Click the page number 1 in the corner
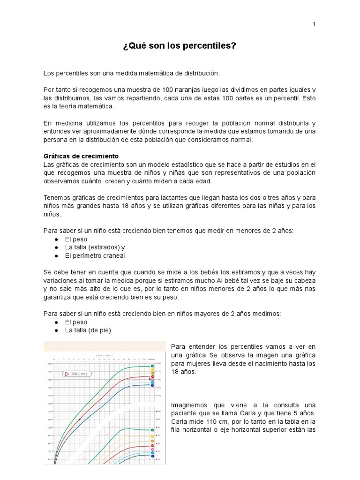click(314, 24)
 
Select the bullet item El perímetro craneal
click(95, 256)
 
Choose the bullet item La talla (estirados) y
click(95, 247)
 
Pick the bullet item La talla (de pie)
click(88, 330)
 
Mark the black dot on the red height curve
click(80, 419)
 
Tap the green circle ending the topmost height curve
click(152, 366)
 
